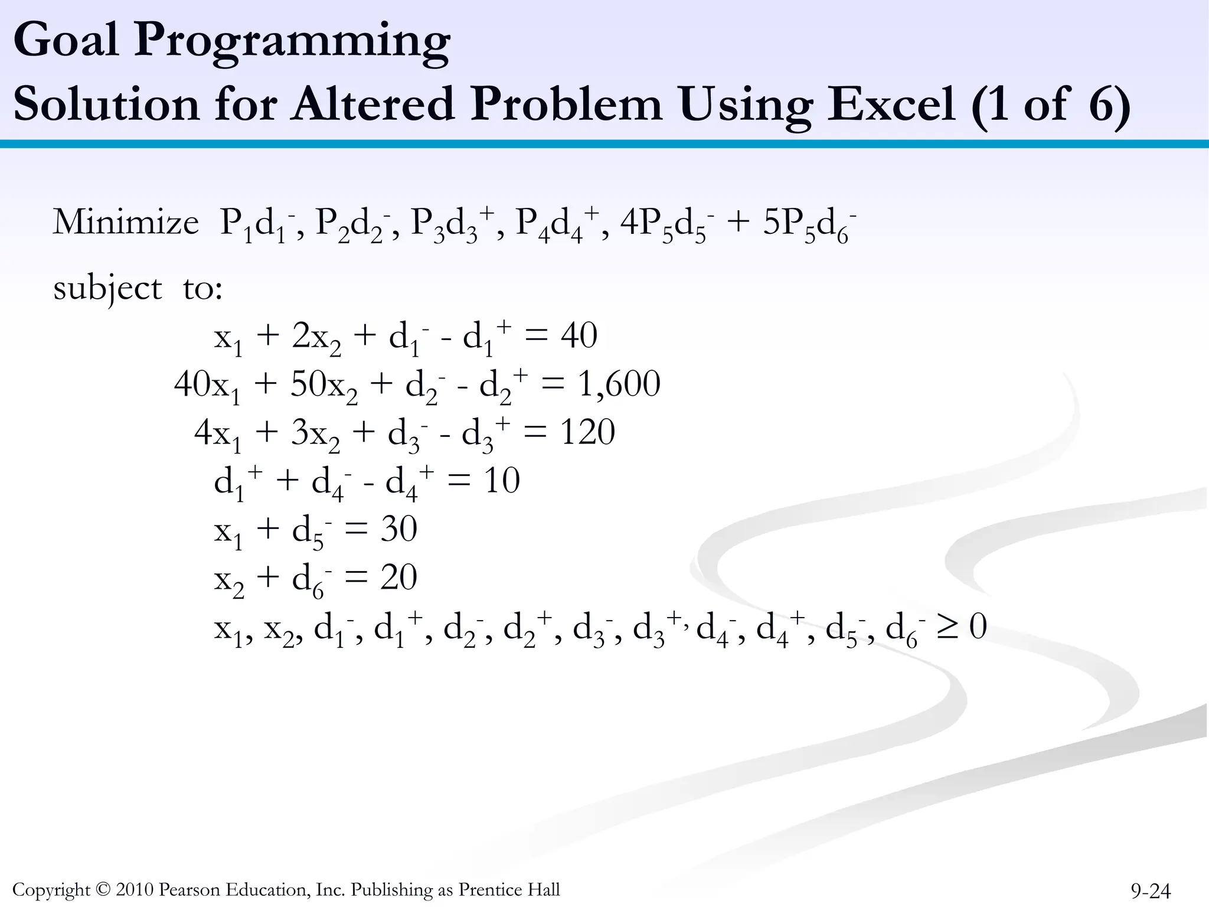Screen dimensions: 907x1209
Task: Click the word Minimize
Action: [126, 223]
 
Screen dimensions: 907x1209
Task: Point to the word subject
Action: [107, 289]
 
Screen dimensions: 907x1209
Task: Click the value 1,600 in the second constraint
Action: [619, 384]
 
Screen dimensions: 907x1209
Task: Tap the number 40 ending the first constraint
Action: [579, 336]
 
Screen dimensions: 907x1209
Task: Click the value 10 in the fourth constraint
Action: [502, 481]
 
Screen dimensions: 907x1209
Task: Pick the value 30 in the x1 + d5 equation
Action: [398, 529]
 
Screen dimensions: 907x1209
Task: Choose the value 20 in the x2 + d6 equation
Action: [398, 578]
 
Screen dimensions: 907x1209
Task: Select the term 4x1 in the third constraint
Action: [218, 435]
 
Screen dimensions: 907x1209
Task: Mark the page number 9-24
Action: [1151, 890]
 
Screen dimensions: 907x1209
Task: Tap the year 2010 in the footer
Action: [135, 889]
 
